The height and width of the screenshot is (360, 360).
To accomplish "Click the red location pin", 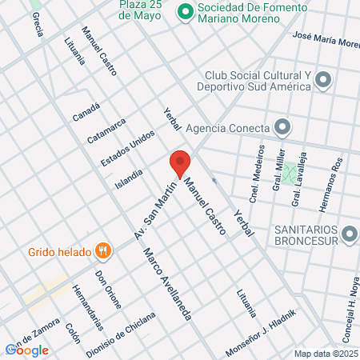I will (x=180, y=162).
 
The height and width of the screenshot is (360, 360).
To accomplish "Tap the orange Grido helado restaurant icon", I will (x=102, y=251).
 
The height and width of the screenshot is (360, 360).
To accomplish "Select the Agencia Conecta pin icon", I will (x=282, y=127).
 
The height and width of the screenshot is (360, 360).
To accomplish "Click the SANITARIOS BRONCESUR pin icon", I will (x=349, y=234).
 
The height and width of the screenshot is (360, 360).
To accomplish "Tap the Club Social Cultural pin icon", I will (x=323, y=79).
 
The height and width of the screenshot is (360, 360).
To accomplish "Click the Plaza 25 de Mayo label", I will (x=143, y=10).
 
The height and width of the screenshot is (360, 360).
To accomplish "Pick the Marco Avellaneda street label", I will (x=168, y=284).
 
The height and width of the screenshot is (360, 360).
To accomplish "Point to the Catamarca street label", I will (x=106, y=130).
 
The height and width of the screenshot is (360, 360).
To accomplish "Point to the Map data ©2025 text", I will (x=326, y=354).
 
